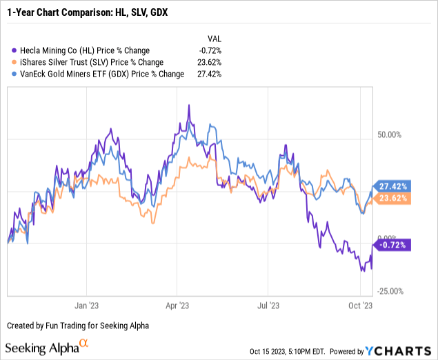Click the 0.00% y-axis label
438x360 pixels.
click(x=388, y=237)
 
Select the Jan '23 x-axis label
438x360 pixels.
click(x=86, y=303)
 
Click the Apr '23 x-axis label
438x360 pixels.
click(x=178, y=303)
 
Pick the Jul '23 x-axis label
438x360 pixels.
click(x=268, y=303)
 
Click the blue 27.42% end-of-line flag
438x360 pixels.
click(x=394, y=186)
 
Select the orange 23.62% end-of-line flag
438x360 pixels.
click(x=394, y=198)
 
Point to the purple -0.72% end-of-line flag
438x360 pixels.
click(x=392, y=244)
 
